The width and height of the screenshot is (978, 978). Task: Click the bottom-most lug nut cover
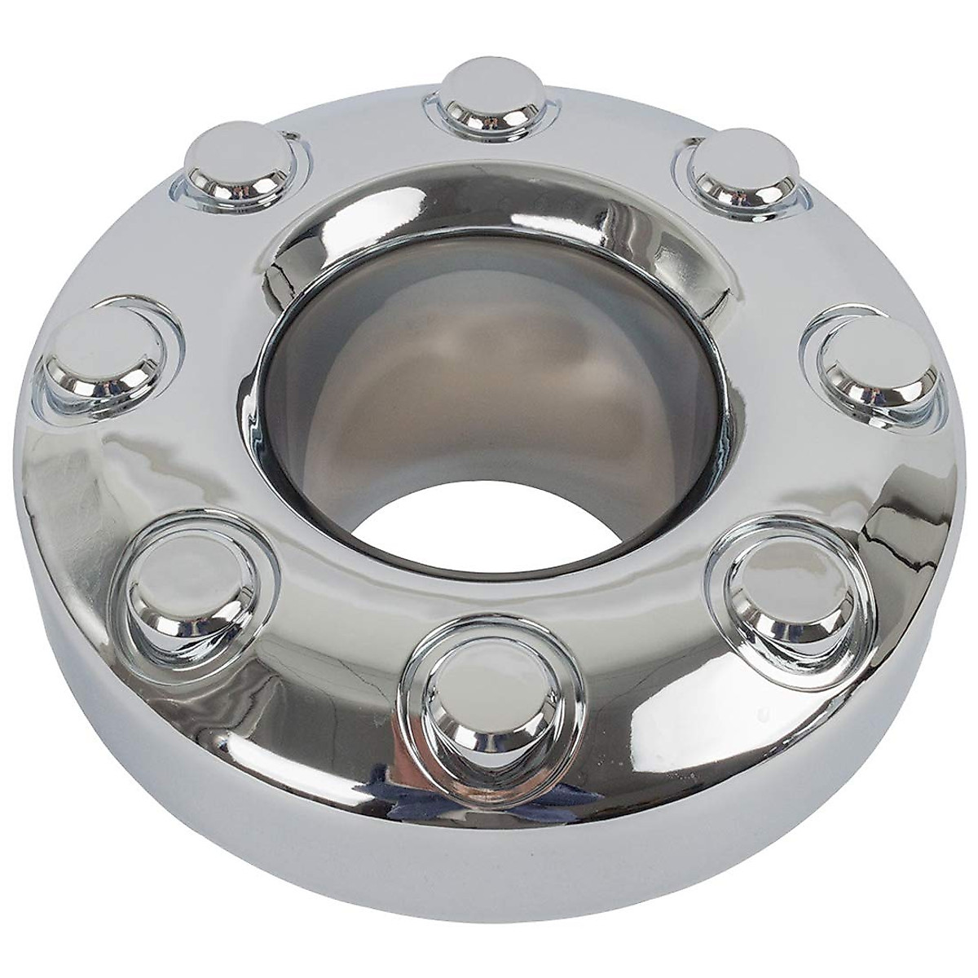coord(471,683)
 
